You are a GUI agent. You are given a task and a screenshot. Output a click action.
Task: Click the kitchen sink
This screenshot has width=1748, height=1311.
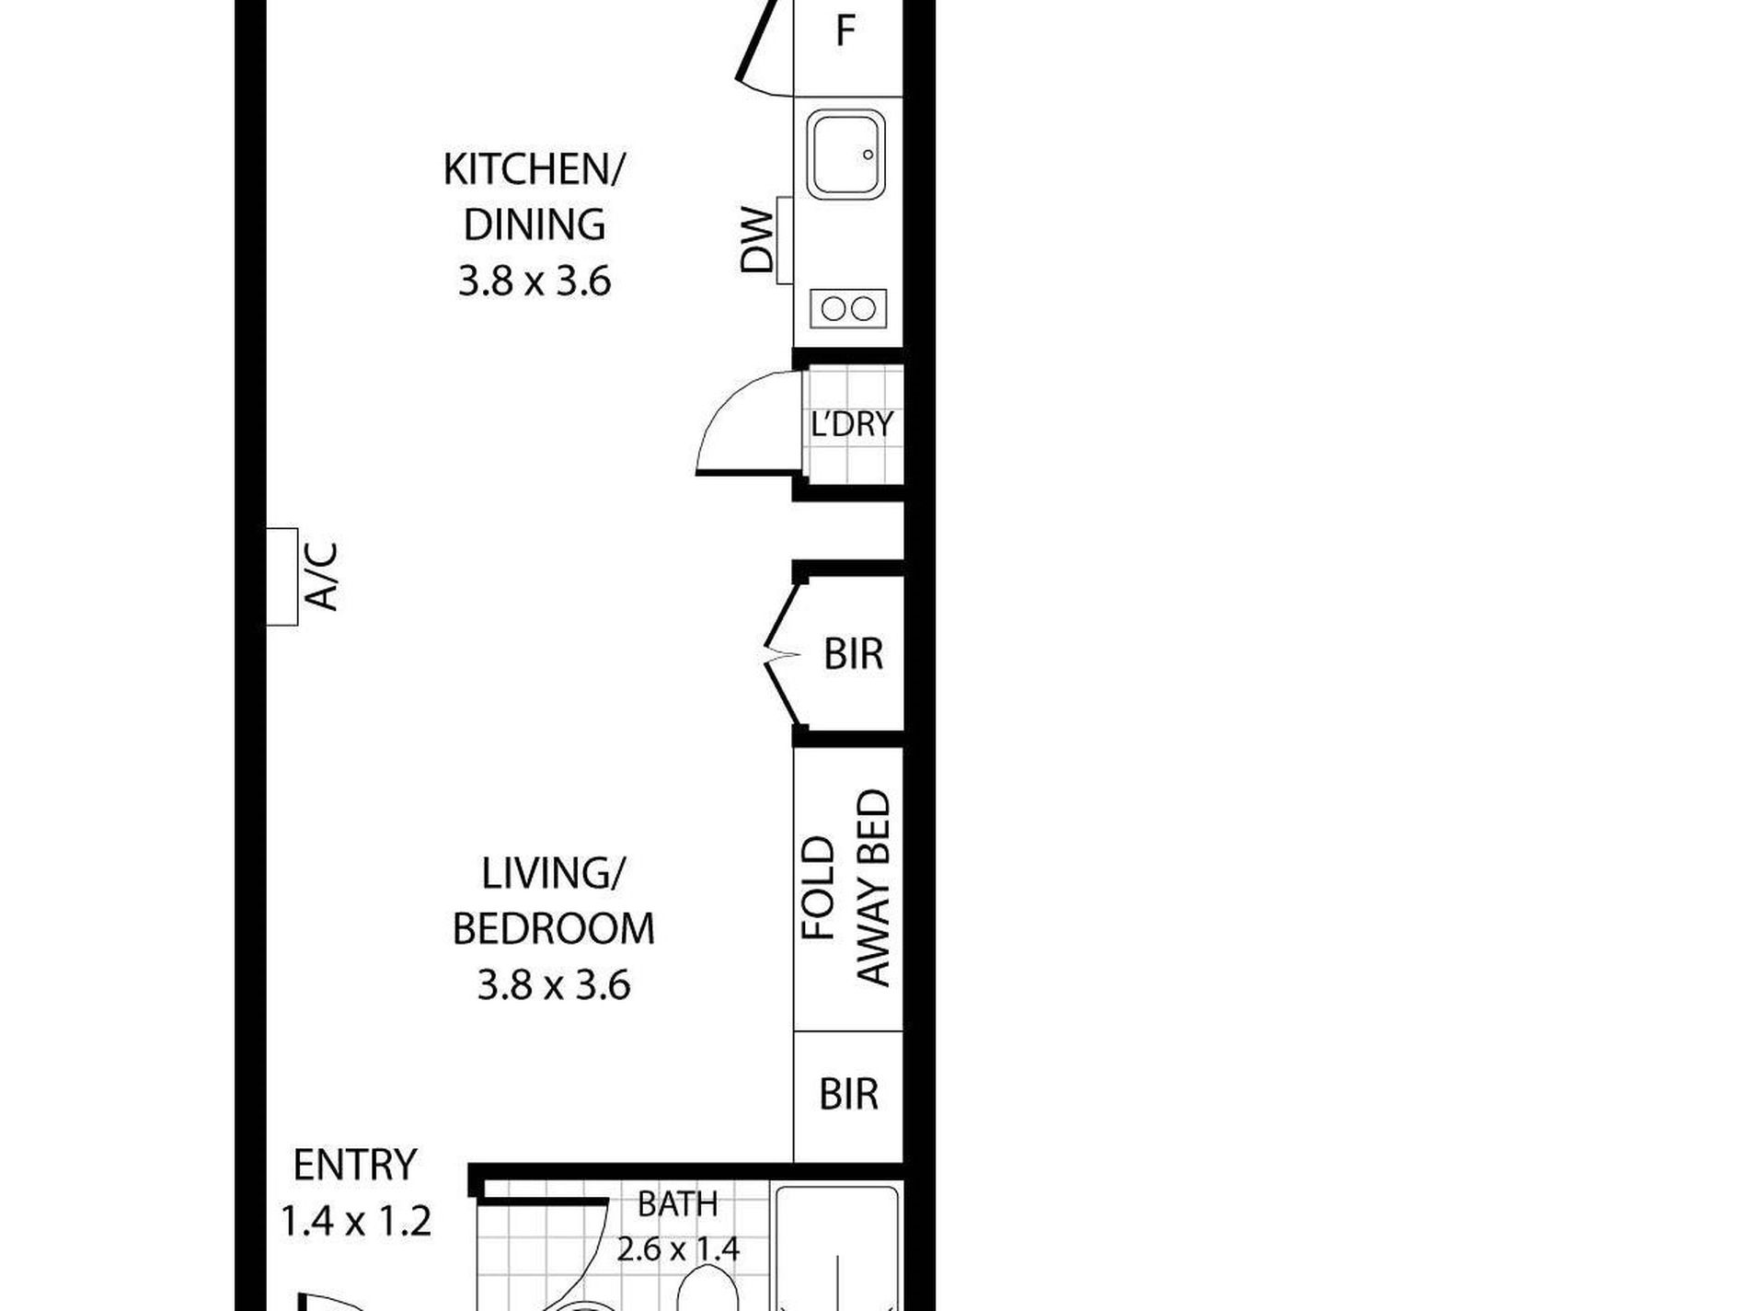846,154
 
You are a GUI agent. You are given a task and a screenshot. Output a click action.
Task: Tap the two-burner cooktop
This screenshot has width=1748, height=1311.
848,308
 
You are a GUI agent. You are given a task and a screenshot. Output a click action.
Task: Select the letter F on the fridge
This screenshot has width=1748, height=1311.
845,31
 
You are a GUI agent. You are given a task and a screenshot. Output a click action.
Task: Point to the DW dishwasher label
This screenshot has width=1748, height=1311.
757,240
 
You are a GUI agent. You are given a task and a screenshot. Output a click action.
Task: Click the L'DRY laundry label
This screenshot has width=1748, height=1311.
852,424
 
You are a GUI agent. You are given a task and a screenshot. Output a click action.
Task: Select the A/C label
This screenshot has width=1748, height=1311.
322,577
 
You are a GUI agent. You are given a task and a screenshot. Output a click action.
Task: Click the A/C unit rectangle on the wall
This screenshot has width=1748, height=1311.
282,577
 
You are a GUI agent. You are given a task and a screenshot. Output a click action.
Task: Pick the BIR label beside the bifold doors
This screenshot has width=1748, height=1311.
853,654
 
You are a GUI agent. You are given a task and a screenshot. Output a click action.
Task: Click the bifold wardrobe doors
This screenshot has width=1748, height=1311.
782,655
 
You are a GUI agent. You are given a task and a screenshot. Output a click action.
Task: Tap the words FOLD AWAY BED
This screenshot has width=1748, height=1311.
846,888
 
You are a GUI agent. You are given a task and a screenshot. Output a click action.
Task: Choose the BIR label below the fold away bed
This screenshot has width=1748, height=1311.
848,1095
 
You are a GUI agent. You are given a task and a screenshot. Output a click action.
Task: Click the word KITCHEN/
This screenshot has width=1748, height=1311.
534,170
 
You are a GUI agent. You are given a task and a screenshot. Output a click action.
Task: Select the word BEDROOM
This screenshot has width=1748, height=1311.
554,929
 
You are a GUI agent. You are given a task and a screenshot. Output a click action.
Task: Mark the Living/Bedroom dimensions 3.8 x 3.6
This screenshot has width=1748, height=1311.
554,985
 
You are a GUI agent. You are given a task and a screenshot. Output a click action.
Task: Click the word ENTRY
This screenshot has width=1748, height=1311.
355,1166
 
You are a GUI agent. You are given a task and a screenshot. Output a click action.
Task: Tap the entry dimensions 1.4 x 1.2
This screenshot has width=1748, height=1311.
355,1222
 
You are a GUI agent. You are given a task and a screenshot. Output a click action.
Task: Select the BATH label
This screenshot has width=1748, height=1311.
678,1204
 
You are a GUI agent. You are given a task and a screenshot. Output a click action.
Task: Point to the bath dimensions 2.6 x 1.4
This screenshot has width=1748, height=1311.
678,1249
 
